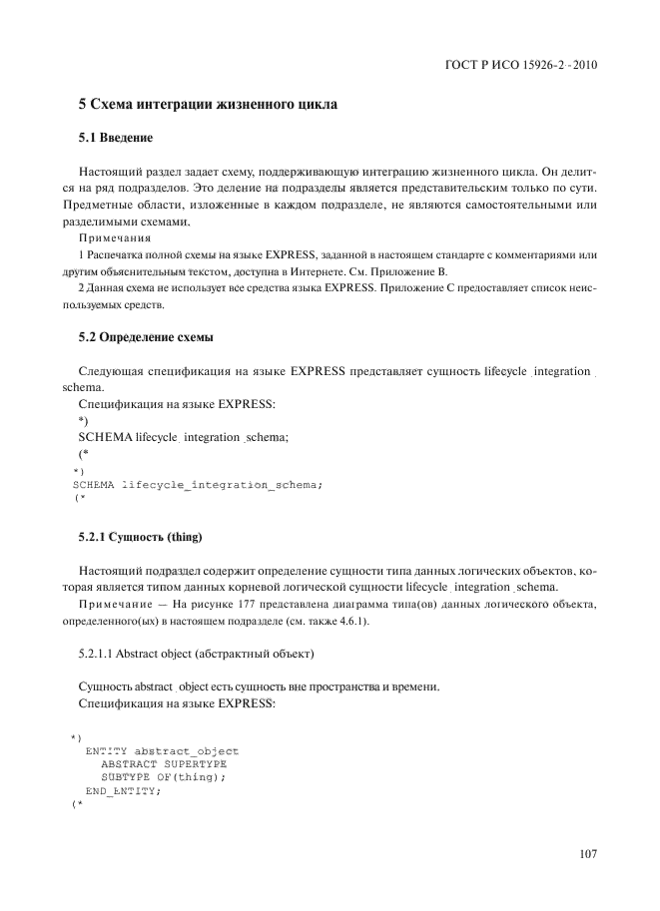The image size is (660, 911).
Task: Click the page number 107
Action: (587, 853)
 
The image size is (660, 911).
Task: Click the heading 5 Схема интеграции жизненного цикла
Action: (208, 104)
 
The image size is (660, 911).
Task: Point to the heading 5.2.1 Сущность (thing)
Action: (140, 539)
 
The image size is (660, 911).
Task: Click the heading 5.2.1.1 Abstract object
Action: (196, 655)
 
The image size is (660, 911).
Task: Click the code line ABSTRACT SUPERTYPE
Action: (164, 763)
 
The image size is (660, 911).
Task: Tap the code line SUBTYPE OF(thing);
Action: (164, 776)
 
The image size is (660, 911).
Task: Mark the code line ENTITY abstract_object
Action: (162, 750)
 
